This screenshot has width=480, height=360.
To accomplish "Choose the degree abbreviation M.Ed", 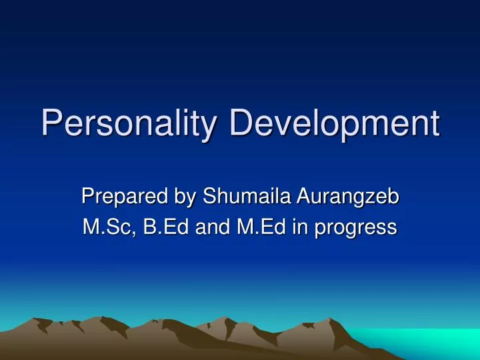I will pyautogui.click(x=261, y=228).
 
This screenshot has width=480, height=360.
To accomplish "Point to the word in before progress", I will pyautogui.click(x=302, y=228).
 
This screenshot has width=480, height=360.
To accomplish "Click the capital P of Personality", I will pyautogui.click(x=51, y=125).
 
